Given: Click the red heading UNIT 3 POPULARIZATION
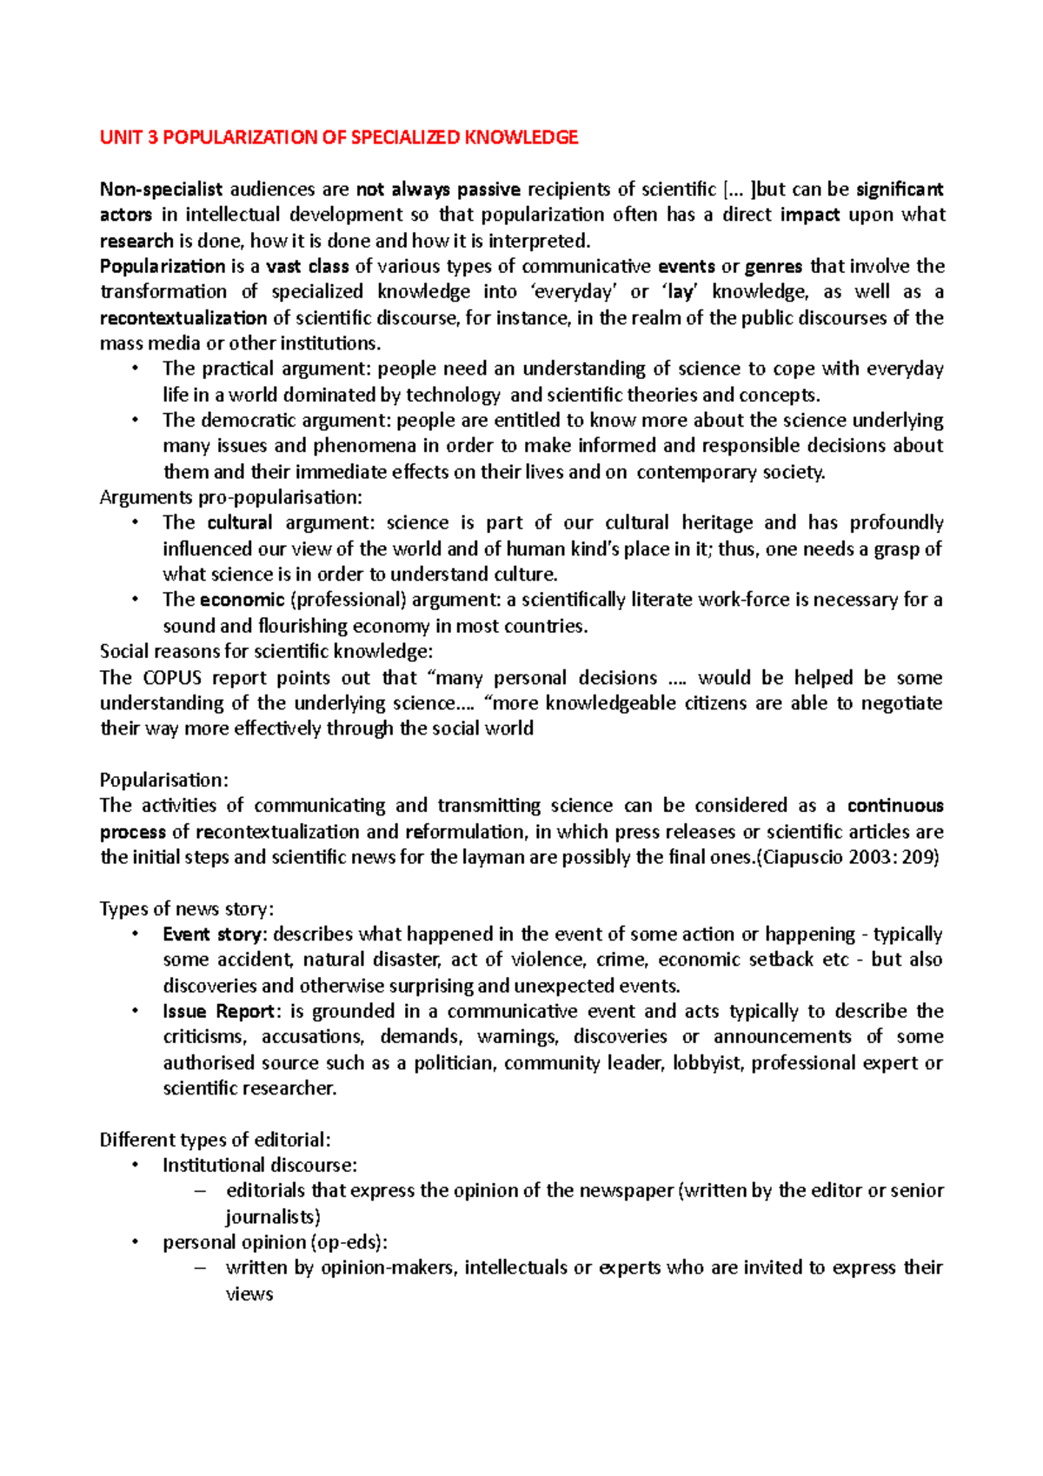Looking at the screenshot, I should tap(338, 137).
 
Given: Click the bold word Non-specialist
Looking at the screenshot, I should tap(161, 189).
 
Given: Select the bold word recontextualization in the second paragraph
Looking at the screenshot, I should tap(183, 318).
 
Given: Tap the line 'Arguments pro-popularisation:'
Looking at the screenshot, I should tap(230, 498).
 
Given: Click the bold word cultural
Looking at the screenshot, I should tap(240, 523).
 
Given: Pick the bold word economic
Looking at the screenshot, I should tap(242, 600).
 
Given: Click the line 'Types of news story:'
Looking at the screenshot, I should tap(187, 909).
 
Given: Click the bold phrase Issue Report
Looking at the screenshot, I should tap(220, 1012).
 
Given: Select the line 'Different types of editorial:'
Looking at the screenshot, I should tap(215, 1140).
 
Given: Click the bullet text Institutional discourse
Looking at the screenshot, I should tap(259, 1166).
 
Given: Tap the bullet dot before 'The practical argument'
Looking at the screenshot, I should tap(135, 369).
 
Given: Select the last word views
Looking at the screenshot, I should tap(249, 1294).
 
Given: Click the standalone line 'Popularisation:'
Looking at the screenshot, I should tap(163, 781).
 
